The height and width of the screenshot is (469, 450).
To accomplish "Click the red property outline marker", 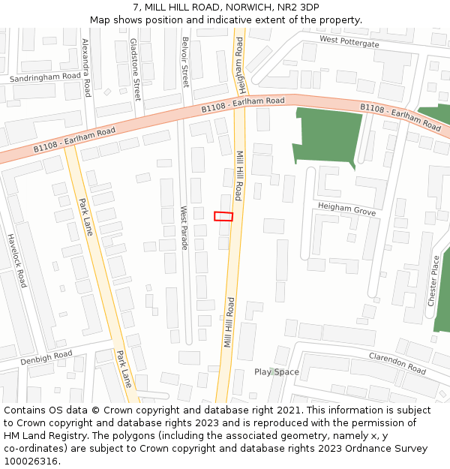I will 223,216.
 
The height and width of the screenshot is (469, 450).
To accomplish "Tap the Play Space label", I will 276,372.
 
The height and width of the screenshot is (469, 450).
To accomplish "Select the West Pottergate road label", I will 349,42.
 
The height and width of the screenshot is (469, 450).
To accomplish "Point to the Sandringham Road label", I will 45,77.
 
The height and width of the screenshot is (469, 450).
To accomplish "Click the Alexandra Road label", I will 86,68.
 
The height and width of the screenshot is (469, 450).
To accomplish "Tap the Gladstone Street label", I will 136,70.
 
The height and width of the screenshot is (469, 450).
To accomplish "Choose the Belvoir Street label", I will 185,63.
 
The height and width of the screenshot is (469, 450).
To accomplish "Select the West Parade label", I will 184,228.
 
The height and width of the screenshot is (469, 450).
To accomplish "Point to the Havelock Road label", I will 16,260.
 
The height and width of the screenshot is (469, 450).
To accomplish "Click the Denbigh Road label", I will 46,358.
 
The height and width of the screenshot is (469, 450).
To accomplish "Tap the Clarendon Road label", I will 397,364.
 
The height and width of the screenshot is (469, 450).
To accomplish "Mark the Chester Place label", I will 433,281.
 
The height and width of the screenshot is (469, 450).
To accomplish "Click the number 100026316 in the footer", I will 30,461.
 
